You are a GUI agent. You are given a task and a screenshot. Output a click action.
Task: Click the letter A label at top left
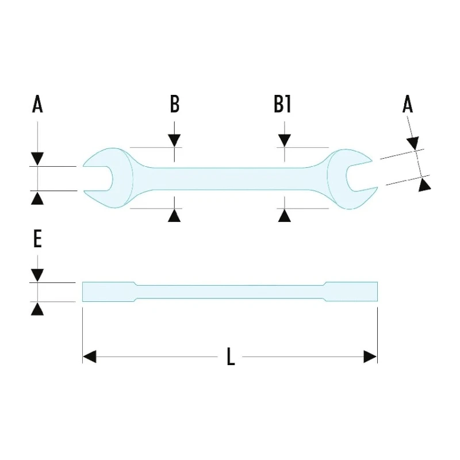[x=37, y=104]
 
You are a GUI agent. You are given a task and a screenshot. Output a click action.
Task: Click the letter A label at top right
[x=408, y=104]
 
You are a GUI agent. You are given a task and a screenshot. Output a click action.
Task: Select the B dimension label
[x=175, y=104]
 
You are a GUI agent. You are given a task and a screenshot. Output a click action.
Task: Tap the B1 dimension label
[x=282, y=104]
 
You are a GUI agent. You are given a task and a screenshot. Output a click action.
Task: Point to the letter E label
[x=37, y=239]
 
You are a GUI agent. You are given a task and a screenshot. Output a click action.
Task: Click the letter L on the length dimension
[x=231, y=356]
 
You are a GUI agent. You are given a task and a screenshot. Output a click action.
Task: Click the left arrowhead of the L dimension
[x=90, y=356]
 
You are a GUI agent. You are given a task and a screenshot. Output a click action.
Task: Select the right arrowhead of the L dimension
[x=370, y=356]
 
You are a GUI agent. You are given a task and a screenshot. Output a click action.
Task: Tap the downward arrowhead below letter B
[x=174, y=140]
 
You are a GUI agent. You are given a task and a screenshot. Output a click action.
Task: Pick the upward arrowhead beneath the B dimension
[x=174, y=215]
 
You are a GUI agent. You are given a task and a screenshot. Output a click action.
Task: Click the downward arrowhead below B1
[x=284, y=140]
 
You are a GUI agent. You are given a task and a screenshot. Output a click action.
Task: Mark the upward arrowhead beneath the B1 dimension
[x=284, y=215]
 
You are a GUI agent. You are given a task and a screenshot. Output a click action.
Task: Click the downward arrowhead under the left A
[x=37, y=159]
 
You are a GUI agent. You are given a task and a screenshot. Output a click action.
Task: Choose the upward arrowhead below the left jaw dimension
[x=37, y=198]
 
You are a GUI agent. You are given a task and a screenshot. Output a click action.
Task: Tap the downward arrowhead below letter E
[x=37, y=275]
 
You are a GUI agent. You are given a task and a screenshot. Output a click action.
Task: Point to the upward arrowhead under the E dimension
[x=37, y=309]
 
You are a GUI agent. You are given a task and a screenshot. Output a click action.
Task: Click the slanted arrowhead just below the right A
[x=413, y=143]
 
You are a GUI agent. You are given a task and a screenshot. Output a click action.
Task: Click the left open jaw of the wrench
[x=108, y=178]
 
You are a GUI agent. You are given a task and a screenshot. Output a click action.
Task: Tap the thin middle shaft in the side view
[x=229, y=292]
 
